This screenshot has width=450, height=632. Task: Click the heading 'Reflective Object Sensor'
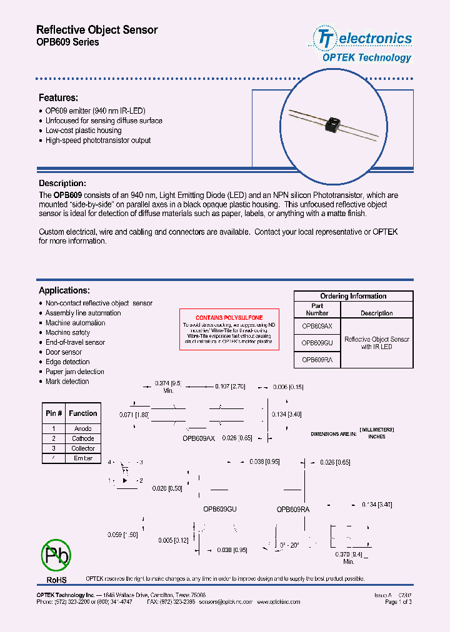(97, 30)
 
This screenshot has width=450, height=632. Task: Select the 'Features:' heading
(58, 98)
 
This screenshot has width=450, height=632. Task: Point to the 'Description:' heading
(62, 184)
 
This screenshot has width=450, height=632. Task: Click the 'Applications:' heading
(64, 290)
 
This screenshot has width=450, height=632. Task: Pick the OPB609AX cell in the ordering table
(317, 326)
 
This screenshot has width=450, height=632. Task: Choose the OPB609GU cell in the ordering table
(317, 343)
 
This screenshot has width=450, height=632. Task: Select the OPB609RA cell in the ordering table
(317, 360)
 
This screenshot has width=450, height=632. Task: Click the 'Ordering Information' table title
(353, 296)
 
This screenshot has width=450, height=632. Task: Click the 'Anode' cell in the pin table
(83, 428)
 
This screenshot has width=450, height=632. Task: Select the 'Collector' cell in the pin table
(83, 448)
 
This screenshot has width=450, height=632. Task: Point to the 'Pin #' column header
(54, 413)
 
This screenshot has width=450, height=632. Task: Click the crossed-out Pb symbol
(56, 554)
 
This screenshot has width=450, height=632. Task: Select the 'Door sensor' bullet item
(64, 352)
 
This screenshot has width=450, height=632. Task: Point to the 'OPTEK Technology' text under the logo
(366, 57)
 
